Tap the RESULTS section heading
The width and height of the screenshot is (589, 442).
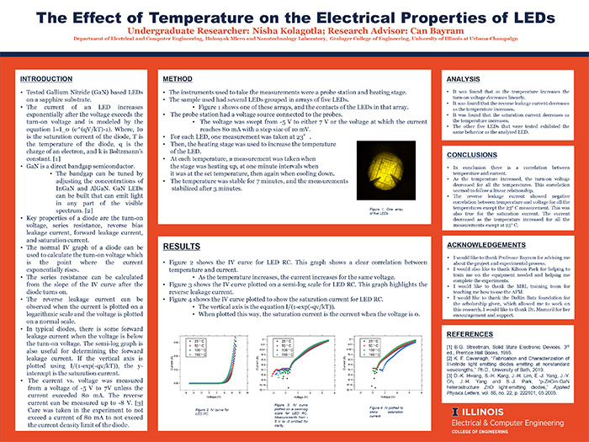[x=180, y=246]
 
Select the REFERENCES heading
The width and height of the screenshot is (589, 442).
[x=471, y=334]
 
